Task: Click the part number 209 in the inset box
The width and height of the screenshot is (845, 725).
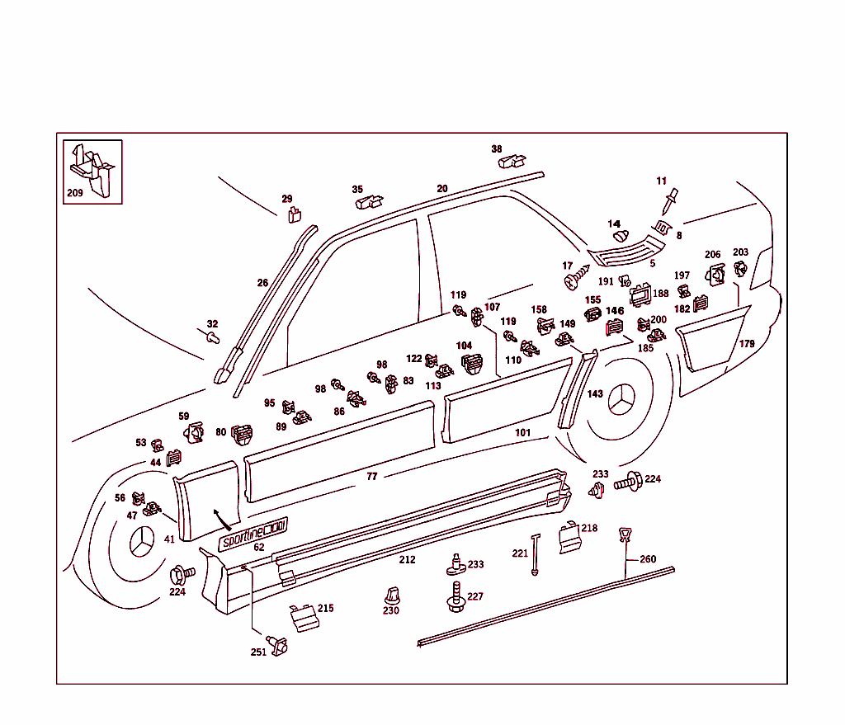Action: (74, 195)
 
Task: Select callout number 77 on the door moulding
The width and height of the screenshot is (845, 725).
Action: (371, 477)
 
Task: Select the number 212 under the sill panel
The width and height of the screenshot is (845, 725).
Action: (407, 560)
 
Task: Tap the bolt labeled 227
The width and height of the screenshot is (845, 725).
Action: (454, 596)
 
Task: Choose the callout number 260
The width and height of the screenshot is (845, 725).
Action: (648, 559)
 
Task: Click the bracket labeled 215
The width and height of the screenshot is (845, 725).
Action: (303, 617)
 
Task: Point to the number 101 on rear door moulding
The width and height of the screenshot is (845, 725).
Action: (522, 432)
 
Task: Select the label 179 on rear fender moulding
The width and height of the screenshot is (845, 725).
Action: (746, 344)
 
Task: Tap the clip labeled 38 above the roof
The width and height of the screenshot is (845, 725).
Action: (512, 160)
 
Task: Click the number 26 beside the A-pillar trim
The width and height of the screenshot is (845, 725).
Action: (262, 283)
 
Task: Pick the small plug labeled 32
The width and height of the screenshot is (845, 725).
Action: (212, 337)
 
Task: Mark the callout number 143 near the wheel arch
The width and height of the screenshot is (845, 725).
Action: (595, 394)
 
